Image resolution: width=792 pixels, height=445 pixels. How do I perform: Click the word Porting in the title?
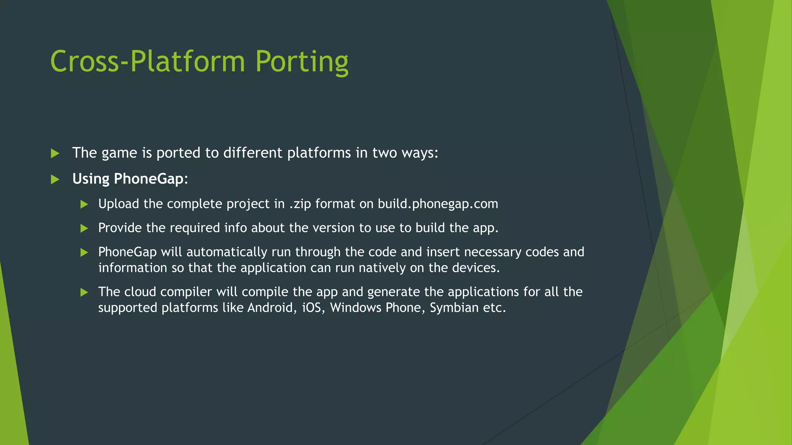pos(302,62)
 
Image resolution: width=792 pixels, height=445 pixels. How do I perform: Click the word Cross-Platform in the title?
pos(148,62)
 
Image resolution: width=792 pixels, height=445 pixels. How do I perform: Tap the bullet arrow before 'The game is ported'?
pos(55,153)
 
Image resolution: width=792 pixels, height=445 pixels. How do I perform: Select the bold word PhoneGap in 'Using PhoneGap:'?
pos(148,179)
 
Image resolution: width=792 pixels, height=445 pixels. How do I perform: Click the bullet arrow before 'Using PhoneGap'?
pos(55,179)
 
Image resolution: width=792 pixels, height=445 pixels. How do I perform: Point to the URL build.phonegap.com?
pos(438,204)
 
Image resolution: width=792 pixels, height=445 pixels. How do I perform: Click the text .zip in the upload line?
pos(300,204)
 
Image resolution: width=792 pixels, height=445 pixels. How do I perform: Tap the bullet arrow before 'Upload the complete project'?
pos(84,204)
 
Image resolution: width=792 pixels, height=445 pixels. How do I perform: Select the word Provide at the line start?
pos(120,228)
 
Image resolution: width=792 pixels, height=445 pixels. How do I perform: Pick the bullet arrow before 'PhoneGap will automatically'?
pos(84,253)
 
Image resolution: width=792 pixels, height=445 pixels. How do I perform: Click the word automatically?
pos(227,252)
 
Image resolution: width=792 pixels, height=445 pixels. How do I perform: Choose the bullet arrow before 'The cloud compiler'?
pos(84,292)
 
